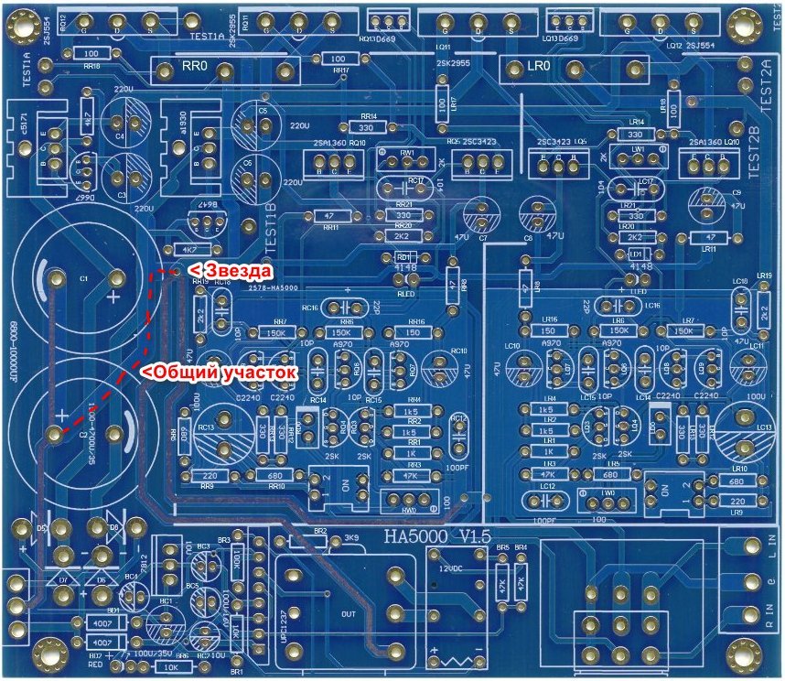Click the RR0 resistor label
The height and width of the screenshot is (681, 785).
[x=195, y=69]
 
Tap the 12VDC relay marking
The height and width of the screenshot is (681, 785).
[x=450, y=567]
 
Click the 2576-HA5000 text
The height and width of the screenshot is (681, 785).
[x=274, y=287]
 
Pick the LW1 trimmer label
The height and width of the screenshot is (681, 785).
[x=638, y=148]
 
